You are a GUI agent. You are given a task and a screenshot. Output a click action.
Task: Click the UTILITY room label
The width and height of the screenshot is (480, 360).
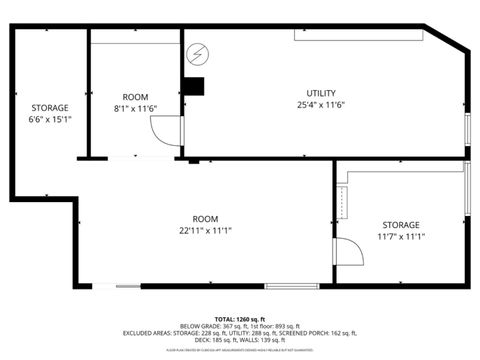click(x=321, y=93)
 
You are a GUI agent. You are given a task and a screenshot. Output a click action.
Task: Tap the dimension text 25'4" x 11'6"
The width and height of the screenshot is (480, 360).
click(x=321, y=104)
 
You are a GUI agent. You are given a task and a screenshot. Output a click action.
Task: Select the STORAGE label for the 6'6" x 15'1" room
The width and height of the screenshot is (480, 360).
click(x=49, y=107)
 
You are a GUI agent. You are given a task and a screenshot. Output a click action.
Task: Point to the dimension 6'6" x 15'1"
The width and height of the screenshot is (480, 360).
click(x=49, y=118)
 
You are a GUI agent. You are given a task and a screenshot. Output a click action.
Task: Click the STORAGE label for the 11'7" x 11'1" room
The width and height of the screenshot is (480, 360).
click(x=401, y=225)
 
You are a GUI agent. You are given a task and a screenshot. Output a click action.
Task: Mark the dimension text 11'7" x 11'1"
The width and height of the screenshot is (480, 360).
click(x=401, y=236)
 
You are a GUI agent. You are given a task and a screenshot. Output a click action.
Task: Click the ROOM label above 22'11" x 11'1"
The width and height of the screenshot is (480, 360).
click(x=206, y=218)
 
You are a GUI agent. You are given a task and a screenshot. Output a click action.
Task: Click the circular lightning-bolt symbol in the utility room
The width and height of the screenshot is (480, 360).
click(x=198, y=52)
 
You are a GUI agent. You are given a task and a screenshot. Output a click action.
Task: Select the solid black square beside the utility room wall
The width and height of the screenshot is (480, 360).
click(x=193, y=87)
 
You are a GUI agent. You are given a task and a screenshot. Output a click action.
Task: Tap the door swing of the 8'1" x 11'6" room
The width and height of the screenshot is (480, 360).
click(x=163, y=129)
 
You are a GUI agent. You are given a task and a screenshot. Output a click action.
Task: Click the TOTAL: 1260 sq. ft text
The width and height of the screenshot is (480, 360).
click(x=240, y=316)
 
